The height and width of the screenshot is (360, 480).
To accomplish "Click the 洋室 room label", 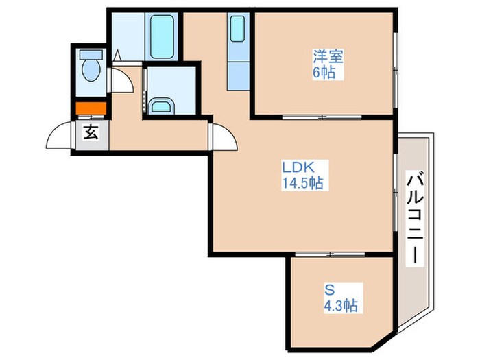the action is [328, 56].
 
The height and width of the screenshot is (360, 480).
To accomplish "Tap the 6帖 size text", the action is [324, 73].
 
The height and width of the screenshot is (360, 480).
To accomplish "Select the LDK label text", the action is [298, 167].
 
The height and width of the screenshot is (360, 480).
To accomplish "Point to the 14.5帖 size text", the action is [302, 183].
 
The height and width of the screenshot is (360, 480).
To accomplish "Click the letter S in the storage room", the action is [329, 289].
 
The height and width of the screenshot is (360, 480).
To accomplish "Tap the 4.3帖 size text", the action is [341, 305].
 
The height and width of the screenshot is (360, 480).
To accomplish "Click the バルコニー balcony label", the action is [415, 218].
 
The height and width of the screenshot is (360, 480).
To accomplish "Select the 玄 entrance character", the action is [91, 132].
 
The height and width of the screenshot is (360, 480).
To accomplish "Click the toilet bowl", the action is [91, 70].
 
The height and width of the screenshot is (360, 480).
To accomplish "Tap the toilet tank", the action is [91, 55].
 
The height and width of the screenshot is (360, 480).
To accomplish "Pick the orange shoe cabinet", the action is [91, 108].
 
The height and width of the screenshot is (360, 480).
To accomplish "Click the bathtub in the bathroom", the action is [162, 36].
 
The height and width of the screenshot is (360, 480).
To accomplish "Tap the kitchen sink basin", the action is [237, 29].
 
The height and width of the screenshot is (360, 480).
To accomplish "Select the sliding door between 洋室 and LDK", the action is [322, 117].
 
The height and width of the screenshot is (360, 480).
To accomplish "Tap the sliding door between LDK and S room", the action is [331, 254].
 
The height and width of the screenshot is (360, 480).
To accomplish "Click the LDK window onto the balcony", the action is [396, 192].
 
